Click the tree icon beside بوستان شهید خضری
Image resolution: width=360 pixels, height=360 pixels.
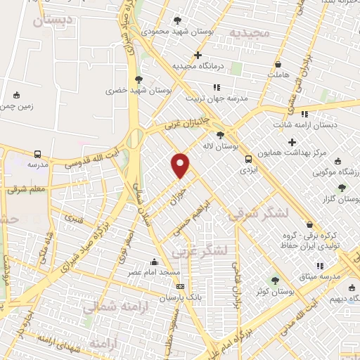(139, 79)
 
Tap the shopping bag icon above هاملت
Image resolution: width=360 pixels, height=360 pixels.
(279, 63)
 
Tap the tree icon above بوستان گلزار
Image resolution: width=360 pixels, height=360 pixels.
(342, 188)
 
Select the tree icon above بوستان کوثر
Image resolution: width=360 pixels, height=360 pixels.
(276, 280)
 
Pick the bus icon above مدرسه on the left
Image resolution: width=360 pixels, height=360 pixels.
(37, 154)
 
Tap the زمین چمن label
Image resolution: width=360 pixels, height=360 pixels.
(16, 106)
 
